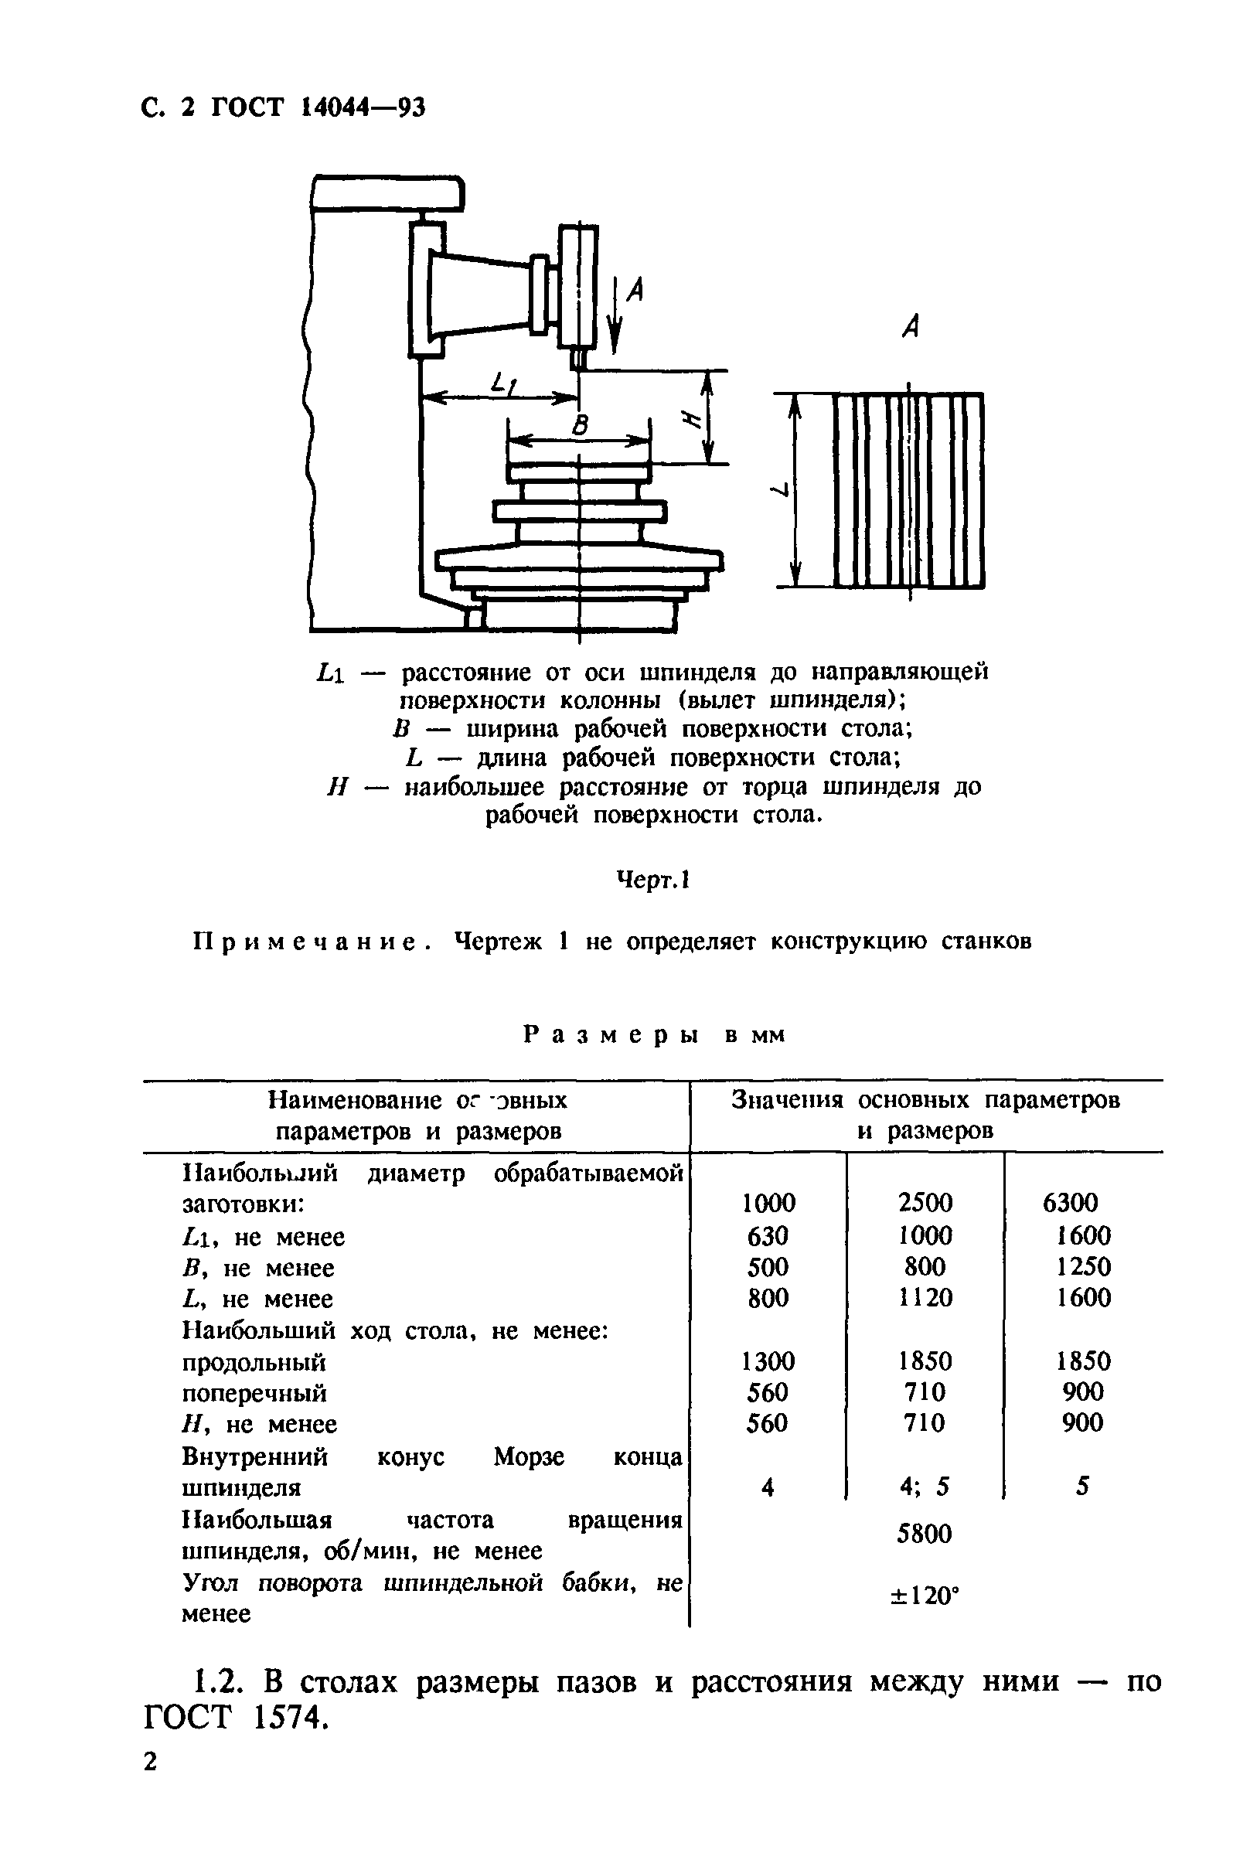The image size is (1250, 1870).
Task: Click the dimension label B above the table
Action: [x=581, y=426]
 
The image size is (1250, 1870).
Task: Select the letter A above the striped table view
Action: [x=911, y=325]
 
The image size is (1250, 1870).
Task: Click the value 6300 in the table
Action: [x=1070, y=1203]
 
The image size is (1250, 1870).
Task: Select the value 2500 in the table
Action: [x=925, y=1203]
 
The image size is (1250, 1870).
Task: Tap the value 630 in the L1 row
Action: [x=768, y=1235]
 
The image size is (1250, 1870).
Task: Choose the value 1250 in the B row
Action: [x=1083, y=1266]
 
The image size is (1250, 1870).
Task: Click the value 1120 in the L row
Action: [x=925, y=1298]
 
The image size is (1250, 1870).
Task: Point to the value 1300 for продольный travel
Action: [x=768, y=1361]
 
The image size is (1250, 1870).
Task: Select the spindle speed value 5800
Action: [x=925, y=1534]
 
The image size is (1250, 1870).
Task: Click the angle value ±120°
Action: [x=925, y=1596]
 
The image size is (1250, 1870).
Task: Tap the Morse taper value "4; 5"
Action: [x=925, y=1487]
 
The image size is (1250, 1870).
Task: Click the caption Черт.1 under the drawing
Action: [x=653, y=880]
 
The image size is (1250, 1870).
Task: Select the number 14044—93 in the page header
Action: [x=363, y=107]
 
